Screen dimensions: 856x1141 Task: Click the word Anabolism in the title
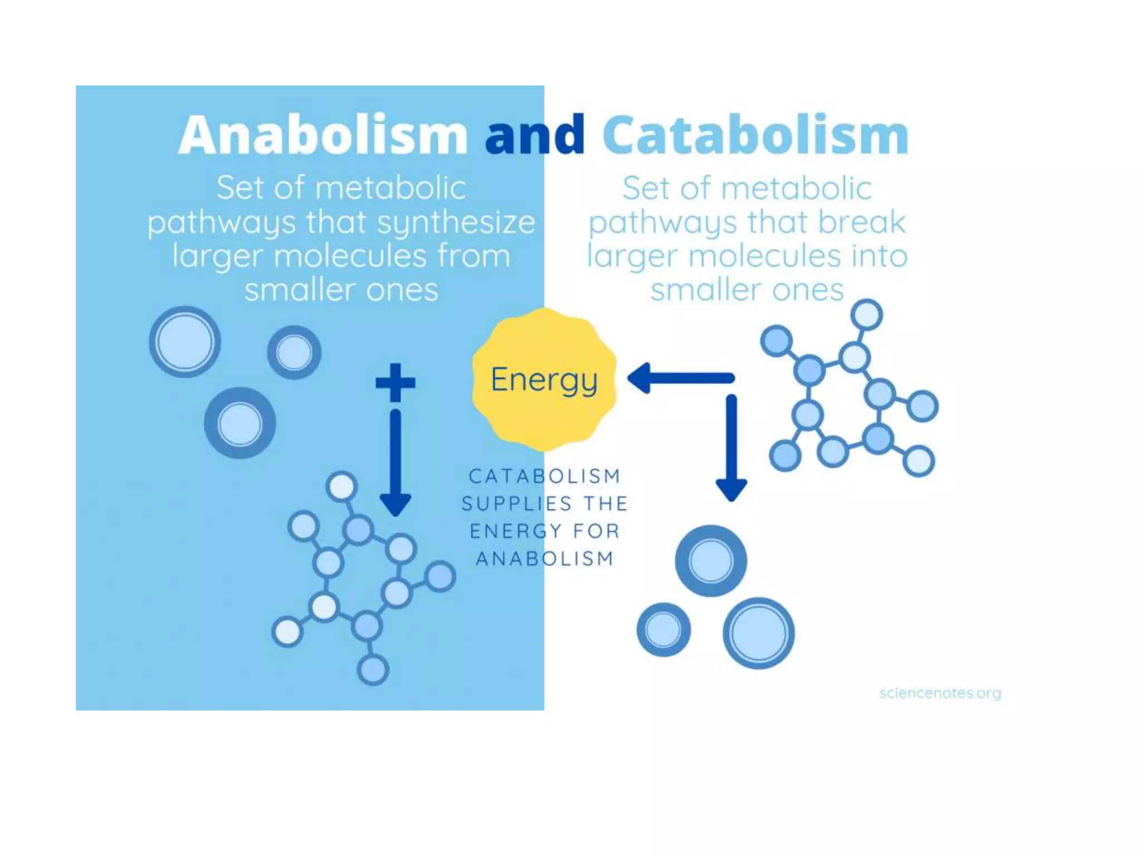[x=323, y=135]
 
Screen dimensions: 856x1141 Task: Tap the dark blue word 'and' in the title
[x=535, y=135]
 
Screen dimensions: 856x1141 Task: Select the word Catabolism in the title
[x=755, y=135]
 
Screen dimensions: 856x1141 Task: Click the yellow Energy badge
[x=544, y=380]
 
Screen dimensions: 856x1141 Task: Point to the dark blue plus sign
[x=396, y=382]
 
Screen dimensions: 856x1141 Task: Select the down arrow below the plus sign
[x=396, y=463]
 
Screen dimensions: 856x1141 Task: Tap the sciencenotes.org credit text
[x=940, y=693]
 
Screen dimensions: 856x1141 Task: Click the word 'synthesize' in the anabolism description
[x=456, y=222]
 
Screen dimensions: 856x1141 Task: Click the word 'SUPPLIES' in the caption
[x=516, y=504]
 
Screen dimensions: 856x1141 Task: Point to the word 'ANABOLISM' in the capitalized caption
[x=544, y=558]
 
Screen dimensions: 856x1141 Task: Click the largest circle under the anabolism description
[x=185, y=342]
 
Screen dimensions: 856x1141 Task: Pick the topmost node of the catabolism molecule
[x=867, y=315]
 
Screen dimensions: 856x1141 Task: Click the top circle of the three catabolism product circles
[x=711, y=561]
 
